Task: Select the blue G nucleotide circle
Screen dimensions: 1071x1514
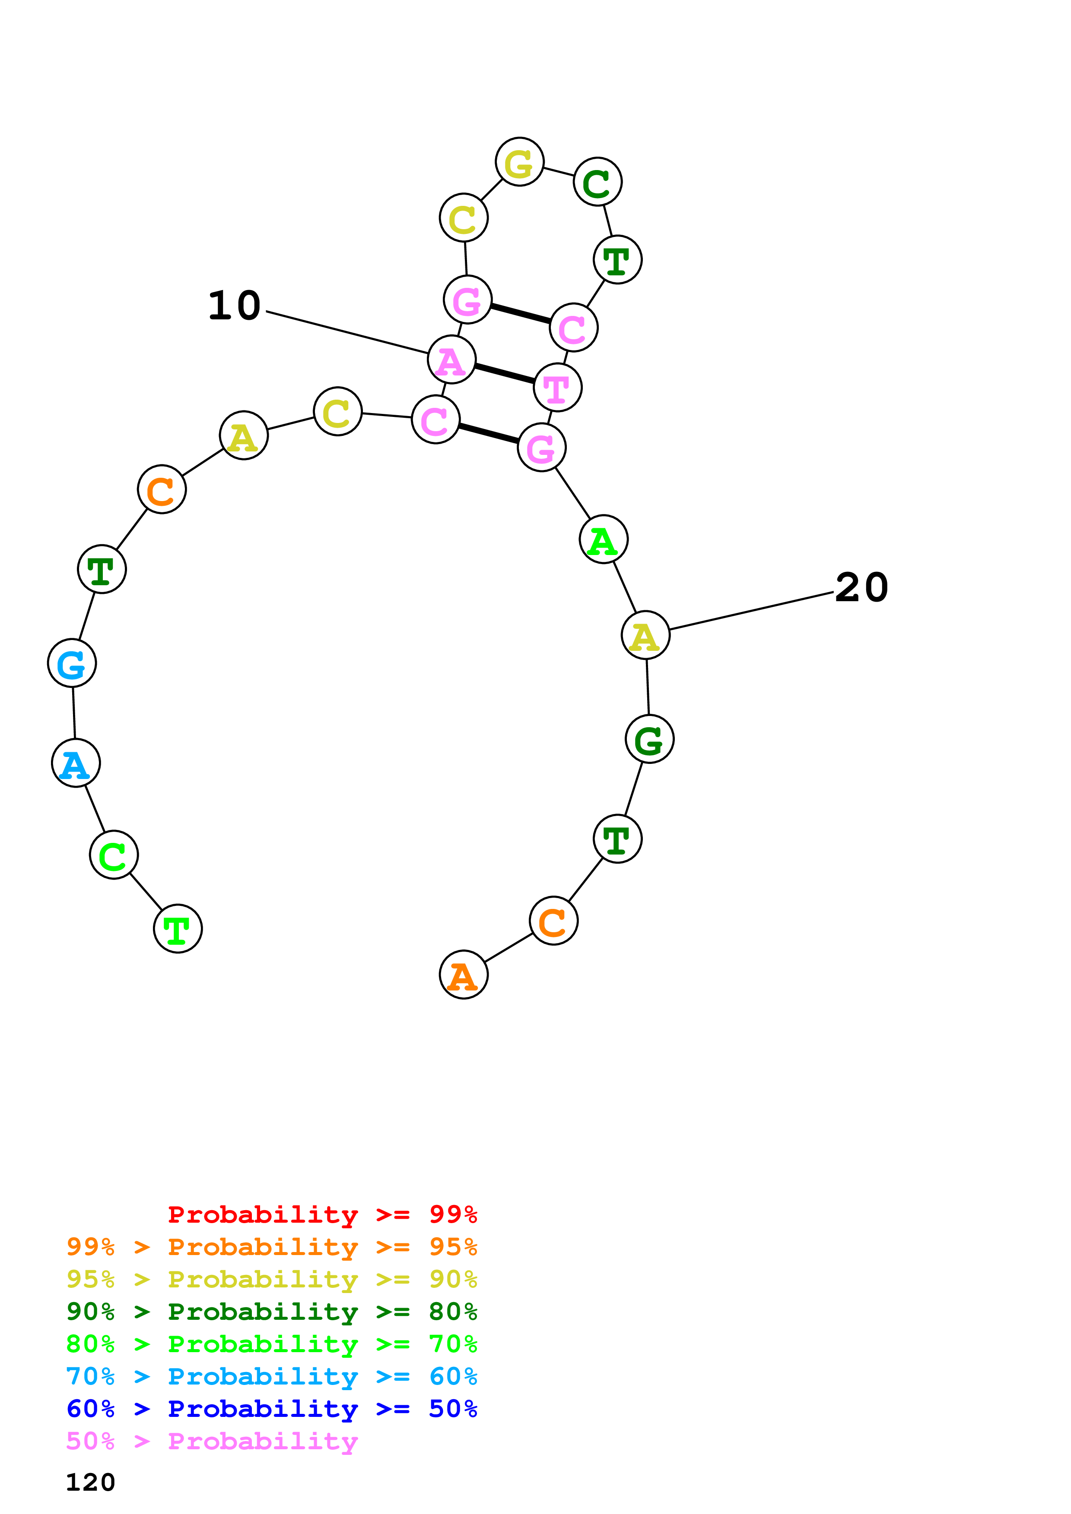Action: [72, 663]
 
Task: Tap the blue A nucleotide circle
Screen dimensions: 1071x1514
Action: [76, 763]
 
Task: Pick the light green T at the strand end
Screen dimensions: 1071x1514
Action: [178, 928]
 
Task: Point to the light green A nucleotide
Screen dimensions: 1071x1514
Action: [603, 539]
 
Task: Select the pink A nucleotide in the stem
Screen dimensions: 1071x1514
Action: [451, 360]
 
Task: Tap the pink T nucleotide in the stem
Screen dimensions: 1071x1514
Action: [558, 387]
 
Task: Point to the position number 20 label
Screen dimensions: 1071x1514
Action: [861, 587]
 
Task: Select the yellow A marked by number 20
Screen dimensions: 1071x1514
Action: [645, 634]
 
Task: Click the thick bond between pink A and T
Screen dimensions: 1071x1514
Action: [505, 373]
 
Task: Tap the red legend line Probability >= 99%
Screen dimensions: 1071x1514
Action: [322, 1214]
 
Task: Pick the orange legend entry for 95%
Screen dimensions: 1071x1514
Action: [272, 1247]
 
